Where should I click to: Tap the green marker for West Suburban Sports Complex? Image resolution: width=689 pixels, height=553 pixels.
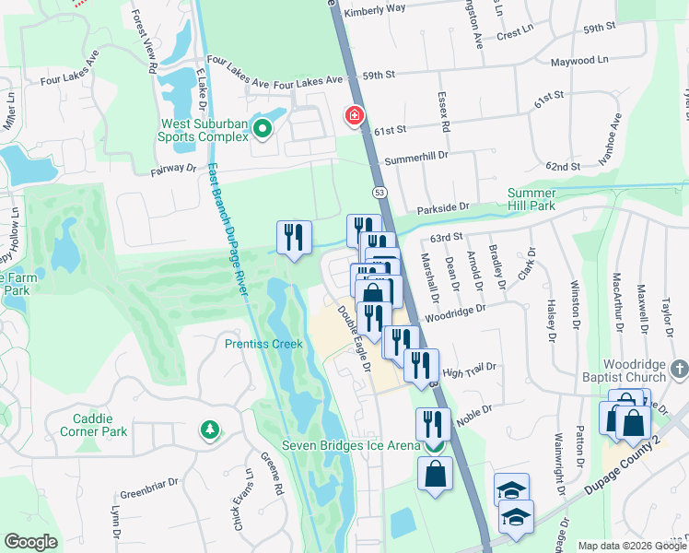coord(263,129)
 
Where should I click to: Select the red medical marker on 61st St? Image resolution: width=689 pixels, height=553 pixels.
coord(354,116)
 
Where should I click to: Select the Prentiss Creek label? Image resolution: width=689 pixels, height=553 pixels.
coord(263,345)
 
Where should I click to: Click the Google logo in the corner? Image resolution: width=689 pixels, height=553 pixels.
coord(30,542)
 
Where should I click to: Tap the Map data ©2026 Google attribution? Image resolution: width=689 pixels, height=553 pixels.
coord(633,546)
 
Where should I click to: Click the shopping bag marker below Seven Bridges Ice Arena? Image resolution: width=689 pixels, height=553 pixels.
coord(436,475)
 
